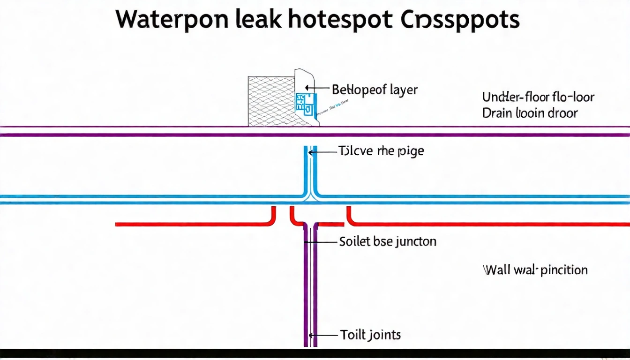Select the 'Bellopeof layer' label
(x=375, y=89)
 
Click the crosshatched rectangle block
(x=270, y=101)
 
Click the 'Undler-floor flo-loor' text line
(x=538, y=97)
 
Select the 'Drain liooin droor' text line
(x=530, y=113)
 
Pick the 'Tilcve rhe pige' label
(x=381, y=151)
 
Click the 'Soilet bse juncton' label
(x=387, y=241)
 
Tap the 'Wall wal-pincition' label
(x=535, y=270)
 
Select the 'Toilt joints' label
(x=370, y=335)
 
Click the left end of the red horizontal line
(x=118, y=225)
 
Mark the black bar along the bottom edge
(x=315, y=354)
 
